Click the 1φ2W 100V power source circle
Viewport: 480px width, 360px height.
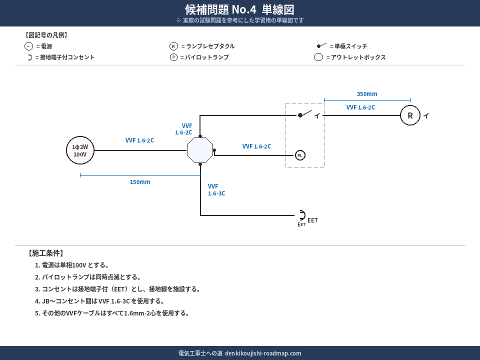pyautogui.click(x=80, y=150)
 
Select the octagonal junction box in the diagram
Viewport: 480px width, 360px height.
pyautogui.click(x=200, y=150)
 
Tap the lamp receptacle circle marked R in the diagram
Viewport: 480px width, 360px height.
pyautogui.click(x=410, y=115)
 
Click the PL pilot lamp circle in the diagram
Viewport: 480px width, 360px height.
pyautogui.click(x=300, y=155)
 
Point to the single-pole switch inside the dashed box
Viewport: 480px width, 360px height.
pyautogui.click(x=305, y=114)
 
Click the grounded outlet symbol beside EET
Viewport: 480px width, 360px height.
pyautogui.click(x=301, y=215)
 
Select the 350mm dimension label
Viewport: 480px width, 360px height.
pyautogui.click(x=367, y=94)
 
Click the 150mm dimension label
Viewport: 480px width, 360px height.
pyautogui.click(x=140, y=182)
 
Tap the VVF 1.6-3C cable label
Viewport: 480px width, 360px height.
pyautogui.click(x=216, y=190)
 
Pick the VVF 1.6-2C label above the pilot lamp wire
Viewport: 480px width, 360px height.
pyautogui.click(x=256, y=146)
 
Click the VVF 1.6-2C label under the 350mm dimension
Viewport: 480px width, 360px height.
pyautogui.click(x=360, y=107)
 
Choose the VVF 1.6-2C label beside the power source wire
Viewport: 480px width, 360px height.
pyautogui.click(x=139, y=140)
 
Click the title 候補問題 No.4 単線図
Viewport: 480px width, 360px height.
pyautogui.click(x=239, y=9)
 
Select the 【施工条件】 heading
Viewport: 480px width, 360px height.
pyautogui.click(x=45, y=253)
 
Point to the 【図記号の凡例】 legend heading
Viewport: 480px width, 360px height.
pyautogui.click(x=46, y=35)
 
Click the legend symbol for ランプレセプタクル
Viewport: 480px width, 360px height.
pyautogui.click(x=173, y=46)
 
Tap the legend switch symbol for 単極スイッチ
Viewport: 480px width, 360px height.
pyautogui.click(x=321, y=45)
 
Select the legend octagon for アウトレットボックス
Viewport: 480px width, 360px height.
pyautogui.click(x=318, y=57)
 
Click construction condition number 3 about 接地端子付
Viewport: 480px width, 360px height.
pyautogui.click(x=117, y=289)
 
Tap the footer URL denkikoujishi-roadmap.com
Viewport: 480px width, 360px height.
pyautogui.click(x=263, y=353)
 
